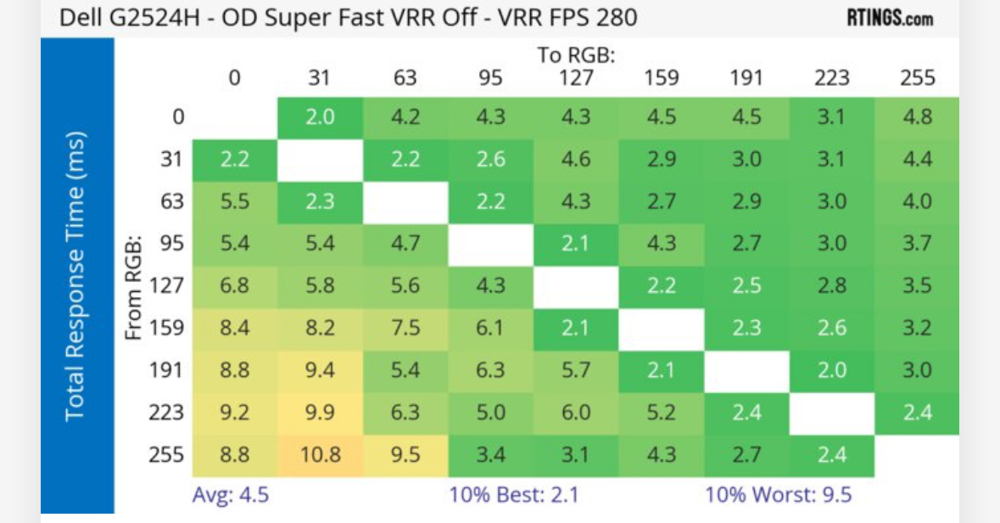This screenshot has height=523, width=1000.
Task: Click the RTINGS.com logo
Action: pyautogui.click(x=890, y=17)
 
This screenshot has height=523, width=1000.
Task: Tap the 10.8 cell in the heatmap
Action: pyautogui.click(x=321, y=454)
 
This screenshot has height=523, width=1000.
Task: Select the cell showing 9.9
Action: pyautogui.click(x=321, y=413)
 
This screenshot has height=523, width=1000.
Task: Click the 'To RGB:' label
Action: pyautogui.click(x=576, y=55)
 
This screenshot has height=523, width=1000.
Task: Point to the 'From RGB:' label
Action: pyautogui.click(x=133, y=286)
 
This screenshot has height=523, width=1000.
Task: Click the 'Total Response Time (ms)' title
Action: pyautogui.click(x=76, y=275)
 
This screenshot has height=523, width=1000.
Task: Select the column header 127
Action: pyautogui.click(x=576, y=78)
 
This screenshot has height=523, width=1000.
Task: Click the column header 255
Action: pyautogui.click(x=918, y=78)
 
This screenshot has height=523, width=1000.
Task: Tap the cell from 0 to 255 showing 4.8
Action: pyautogui.click(x=918, y=117)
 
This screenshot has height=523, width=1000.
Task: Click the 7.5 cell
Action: pyautogui.click(x=405, y=328)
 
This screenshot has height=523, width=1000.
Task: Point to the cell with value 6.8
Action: pyautogui.click(x=235, y=285)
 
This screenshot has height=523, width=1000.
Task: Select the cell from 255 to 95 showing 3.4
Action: pyautogui.click(x=491, y=454)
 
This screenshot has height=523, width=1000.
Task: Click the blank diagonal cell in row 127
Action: pyautogui.click(x=576, y=285)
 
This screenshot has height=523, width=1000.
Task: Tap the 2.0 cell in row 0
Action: pyautogui.click(x=321, y=117)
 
